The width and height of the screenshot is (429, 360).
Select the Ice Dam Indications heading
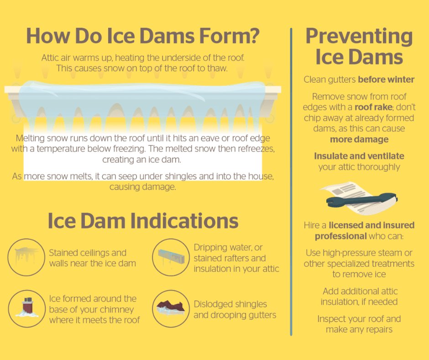pyautogui.click(x=143, y=221)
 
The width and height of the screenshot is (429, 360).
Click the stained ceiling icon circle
pyautogui.click(x=26, y=257)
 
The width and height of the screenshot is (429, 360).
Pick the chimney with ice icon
pyautogui.click(x=26, y=308)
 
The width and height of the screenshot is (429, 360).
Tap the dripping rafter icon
pyautogui.click(x=170, y=258)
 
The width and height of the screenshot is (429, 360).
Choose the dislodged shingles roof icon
pyautogui.click(x=170, y=308)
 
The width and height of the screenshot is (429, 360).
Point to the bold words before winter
pyautogui.click(x=386, y=79)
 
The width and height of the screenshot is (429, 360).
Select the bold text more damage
pyautogui.click(x=359, y=139)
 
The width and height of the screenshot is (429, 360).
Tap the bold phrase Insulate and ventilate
pyautogui.click(x=359, y=156)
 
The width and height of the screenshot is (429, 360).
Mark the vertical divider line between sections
pyautogui.click(x=291, y=183)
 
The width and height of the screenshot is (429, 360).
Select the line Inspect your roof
pyautogui.click(x=359, y=319)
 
